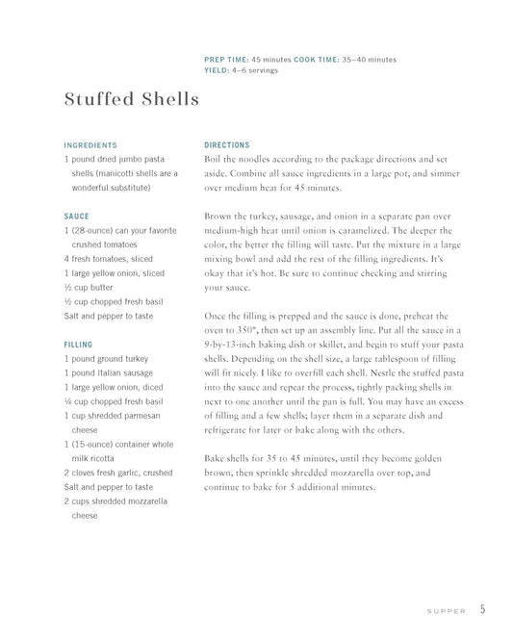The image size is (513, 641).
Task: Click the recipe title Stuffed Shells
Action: pyautogui.click(x=131, y=99)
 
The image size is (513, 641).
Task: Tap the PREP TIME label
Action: pyautogui.click(x=226, y=59)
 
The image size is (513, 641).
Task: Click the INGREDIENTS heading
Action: pyautogui.click(x=90, y=145)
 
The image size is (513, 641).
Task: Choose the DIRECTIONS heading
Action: pyautogui.click(x=227, y=145)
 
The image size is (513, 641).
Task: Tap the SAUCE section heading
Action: pyautogui.click(x=77, y=217)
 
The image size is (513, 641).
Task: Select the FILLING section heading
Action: pyautogui.click(x=79, y=344)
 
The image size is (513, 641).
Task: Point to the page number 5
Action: pyautogui.click(x=482, y=609)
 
